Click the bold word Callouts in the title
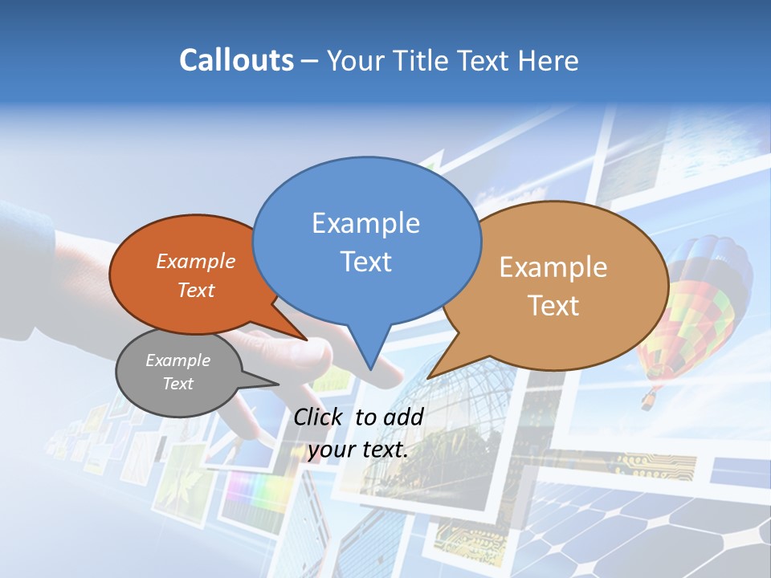(x=236, y=60)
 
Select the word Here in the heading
(x=549, y=60)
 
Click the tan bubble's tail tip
(x=429, y=377)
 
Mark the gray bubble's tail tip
(x=279, y=385)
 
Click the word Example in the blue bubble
(x=365, y=223)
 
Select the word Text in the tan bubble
(x=553, y=305)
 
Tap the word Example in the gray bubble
(x=177, y=360)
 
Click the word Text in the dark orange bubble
(x=196, y=290)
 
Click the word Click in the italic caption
(x=320, y=417)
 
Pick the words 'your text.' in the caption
(x=358, y=450)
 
